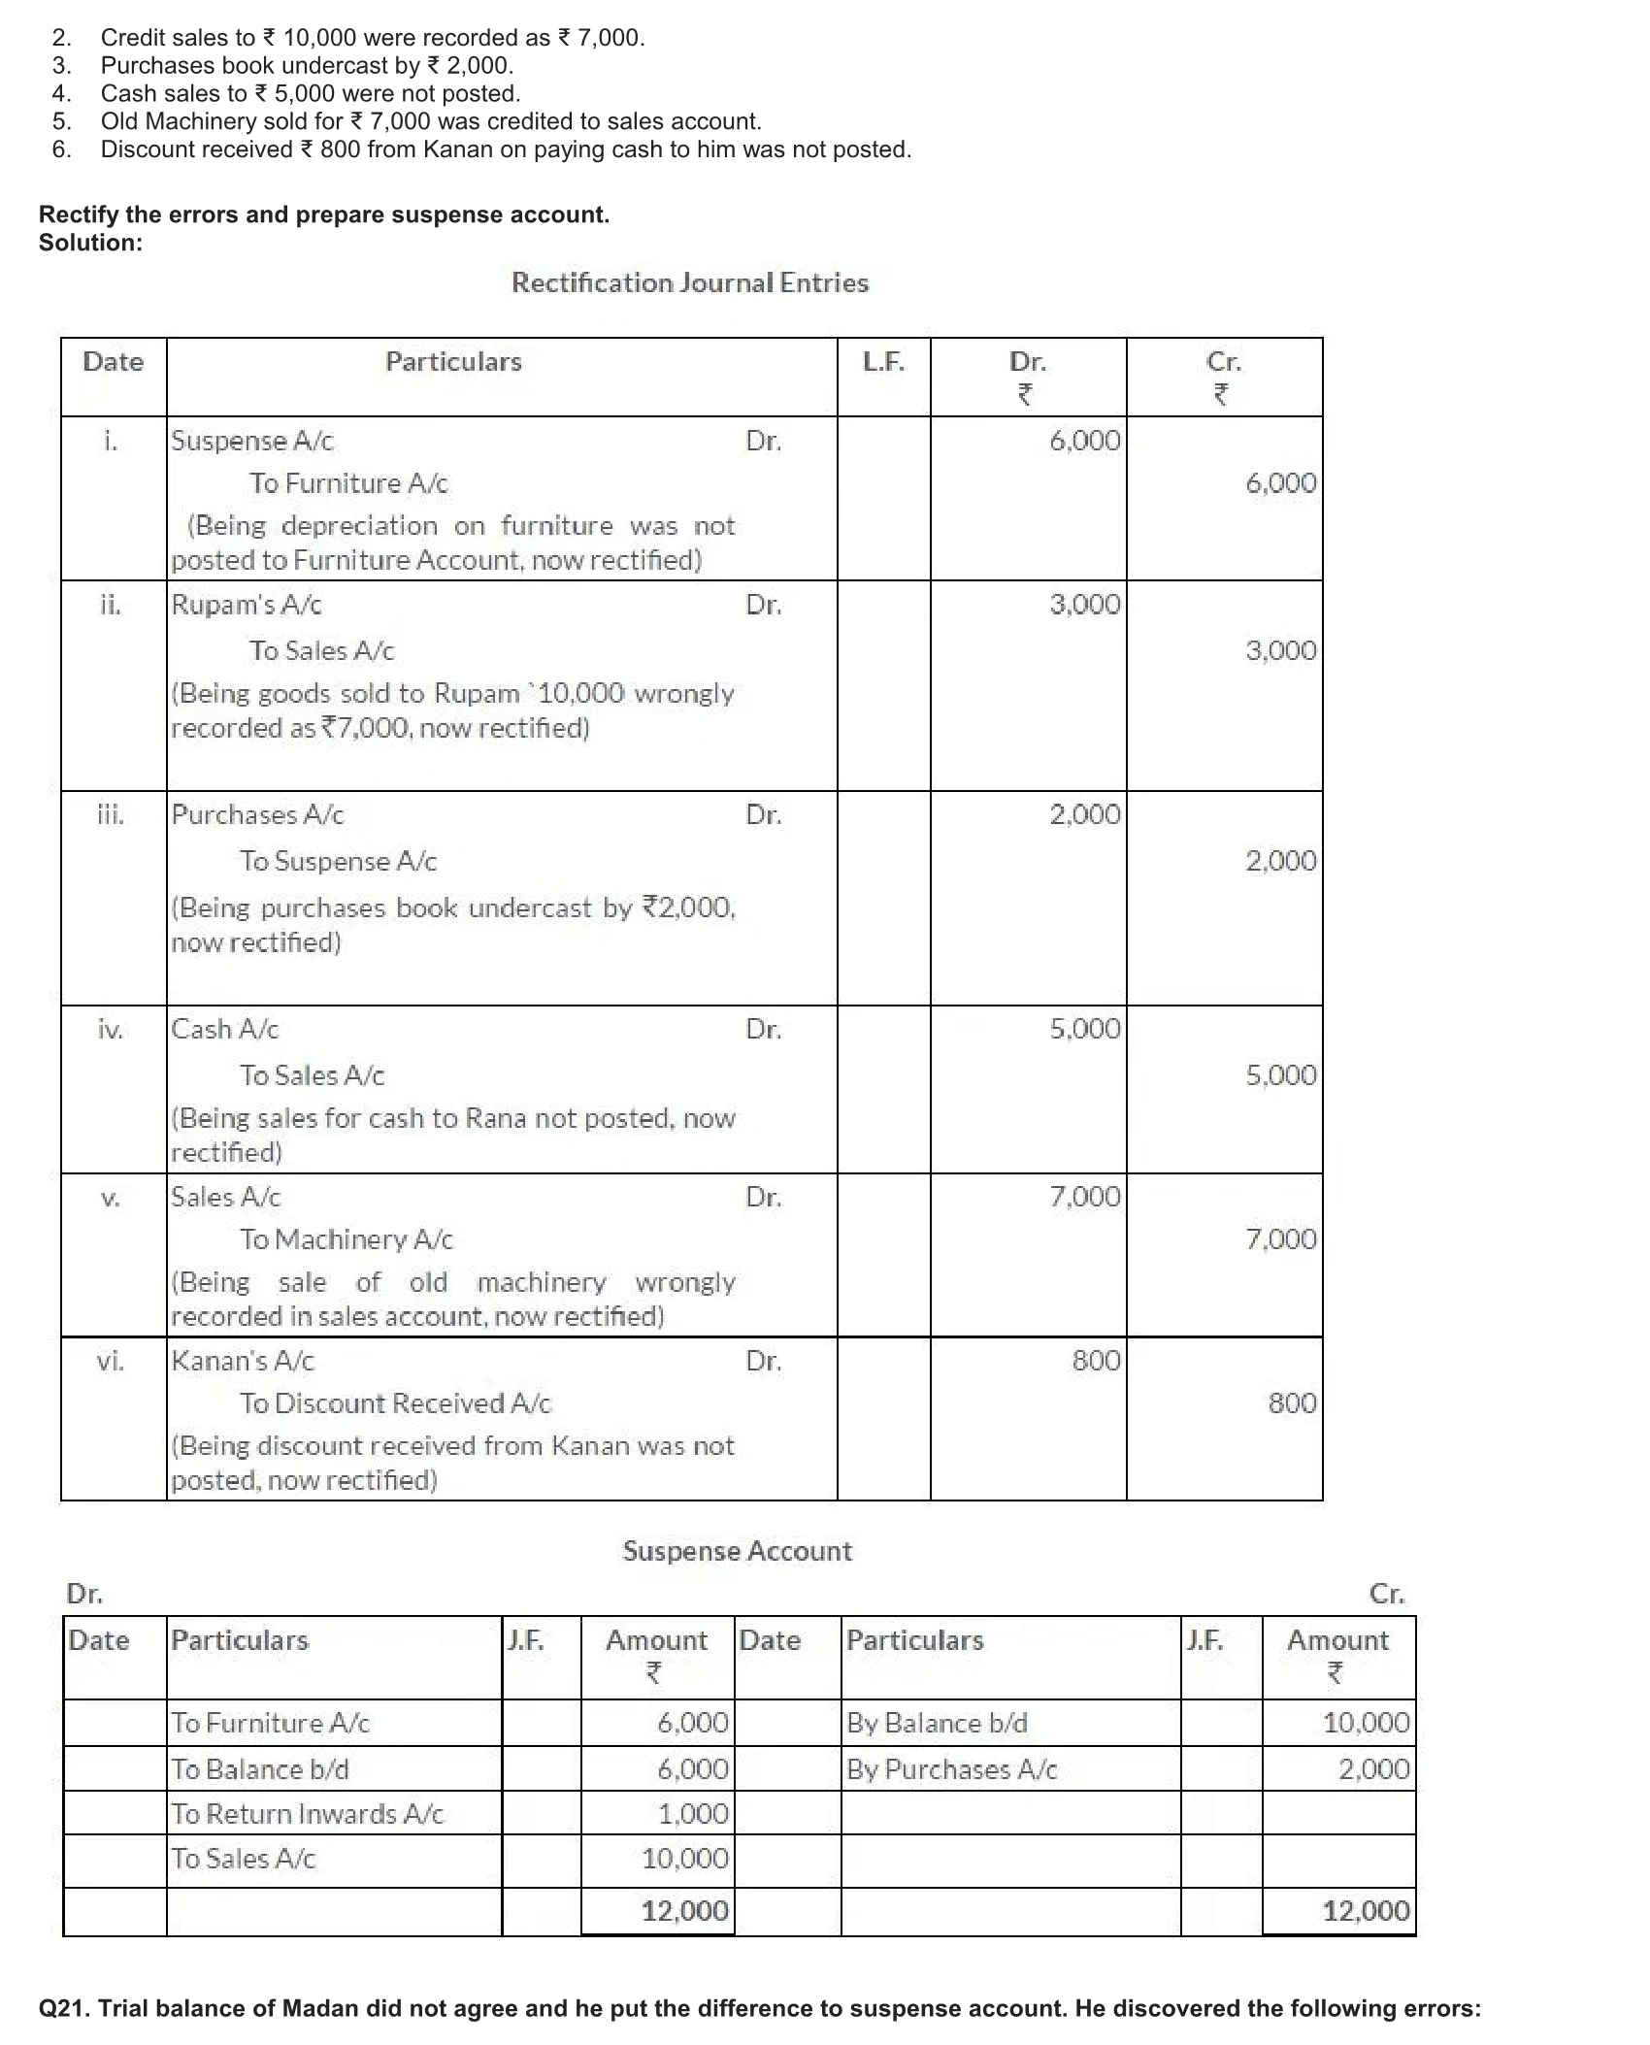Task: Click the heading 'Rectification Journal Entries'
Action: coord(690,283)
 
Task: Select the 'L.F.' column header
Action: coord(883,362)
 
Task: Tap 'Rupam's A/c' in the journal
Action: coord(247,605)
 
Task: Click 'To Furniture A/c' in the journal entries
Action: coord(348,483)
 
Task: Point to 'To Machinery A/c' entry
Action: coord(346,1239)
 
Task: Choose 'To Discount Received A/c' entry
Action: coord(396,1403)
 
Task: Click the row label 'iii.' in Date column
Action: coord(111,814)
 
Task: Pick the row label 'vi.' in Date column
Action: coord(111,1361)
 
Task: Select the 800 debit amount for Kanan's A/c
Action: coord(1096,1361)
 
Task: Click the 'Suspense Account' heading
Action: coord(738,1551)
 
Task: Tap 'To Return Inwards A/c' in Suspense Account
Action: coord(307,1814)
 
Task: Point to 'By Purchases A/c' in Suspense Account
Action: coord(951,1769)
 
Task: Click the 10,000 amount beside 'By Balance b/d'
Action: coord(1366,1723)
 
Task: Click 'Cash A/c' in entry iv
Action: coord(225,1029)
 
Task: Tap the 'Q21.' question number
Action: coord(64,2008)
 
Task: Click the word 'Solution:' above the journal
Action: coord(90,243)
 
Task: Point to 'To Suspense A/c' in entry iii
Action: coord(339,861)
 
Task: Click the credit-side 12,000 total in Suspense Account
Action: coord(1366,1911)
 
